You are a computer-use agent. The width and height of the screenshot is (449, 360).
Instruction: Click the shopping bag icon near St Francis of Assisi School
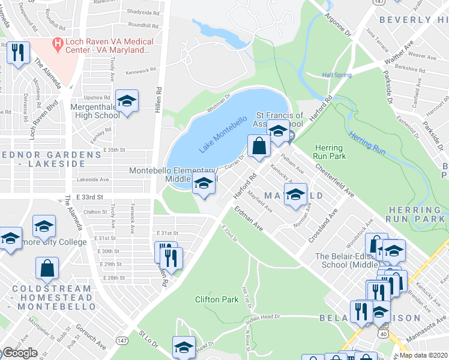pos(259,146)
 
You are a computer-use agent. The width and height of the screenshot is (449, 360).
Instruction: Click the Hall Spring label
pos(336,75)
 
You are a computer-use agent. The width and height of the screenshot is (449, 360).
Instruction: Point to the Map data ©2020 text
pos(424,355)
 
